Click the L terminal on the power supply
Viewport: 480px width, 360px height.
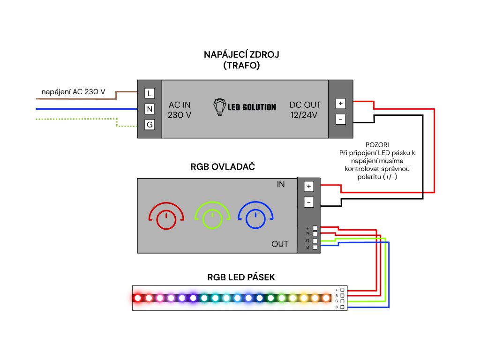tap(150, 93)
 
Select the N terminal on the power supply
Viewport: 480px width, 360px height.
tap(150, 109)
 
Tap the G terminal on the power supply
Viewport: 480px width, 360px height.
tap(150, 125)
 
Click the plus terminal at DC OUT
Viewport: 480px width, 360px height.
tap(341, 103)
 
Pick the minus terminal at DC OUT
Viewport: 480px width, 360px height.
tap(341, 120)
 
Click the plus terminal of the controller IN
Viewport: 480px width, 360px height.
tap(308, 187)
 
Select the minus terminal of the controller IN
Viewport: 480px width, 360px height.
tap(308, 202)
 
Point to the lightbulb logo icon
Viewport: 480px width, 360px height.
tap(219, 107)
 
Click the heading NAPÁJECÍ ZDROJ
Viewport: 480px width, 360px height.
tap(241, 55)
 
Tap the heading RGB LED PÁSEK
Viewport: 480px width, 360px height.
tap(241, 277)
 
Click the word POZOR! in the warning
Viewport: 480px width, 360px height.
tap(377, 145)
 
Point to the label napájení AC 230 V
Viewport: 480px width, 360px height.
tap(73, 92)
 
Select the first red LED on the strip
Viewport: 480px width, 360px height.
tap(138, 298)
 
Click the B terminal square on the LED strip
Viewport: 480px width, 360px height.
tap(343, 307)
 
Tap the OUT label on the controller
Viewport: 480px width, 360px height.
tap(280, 244)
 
